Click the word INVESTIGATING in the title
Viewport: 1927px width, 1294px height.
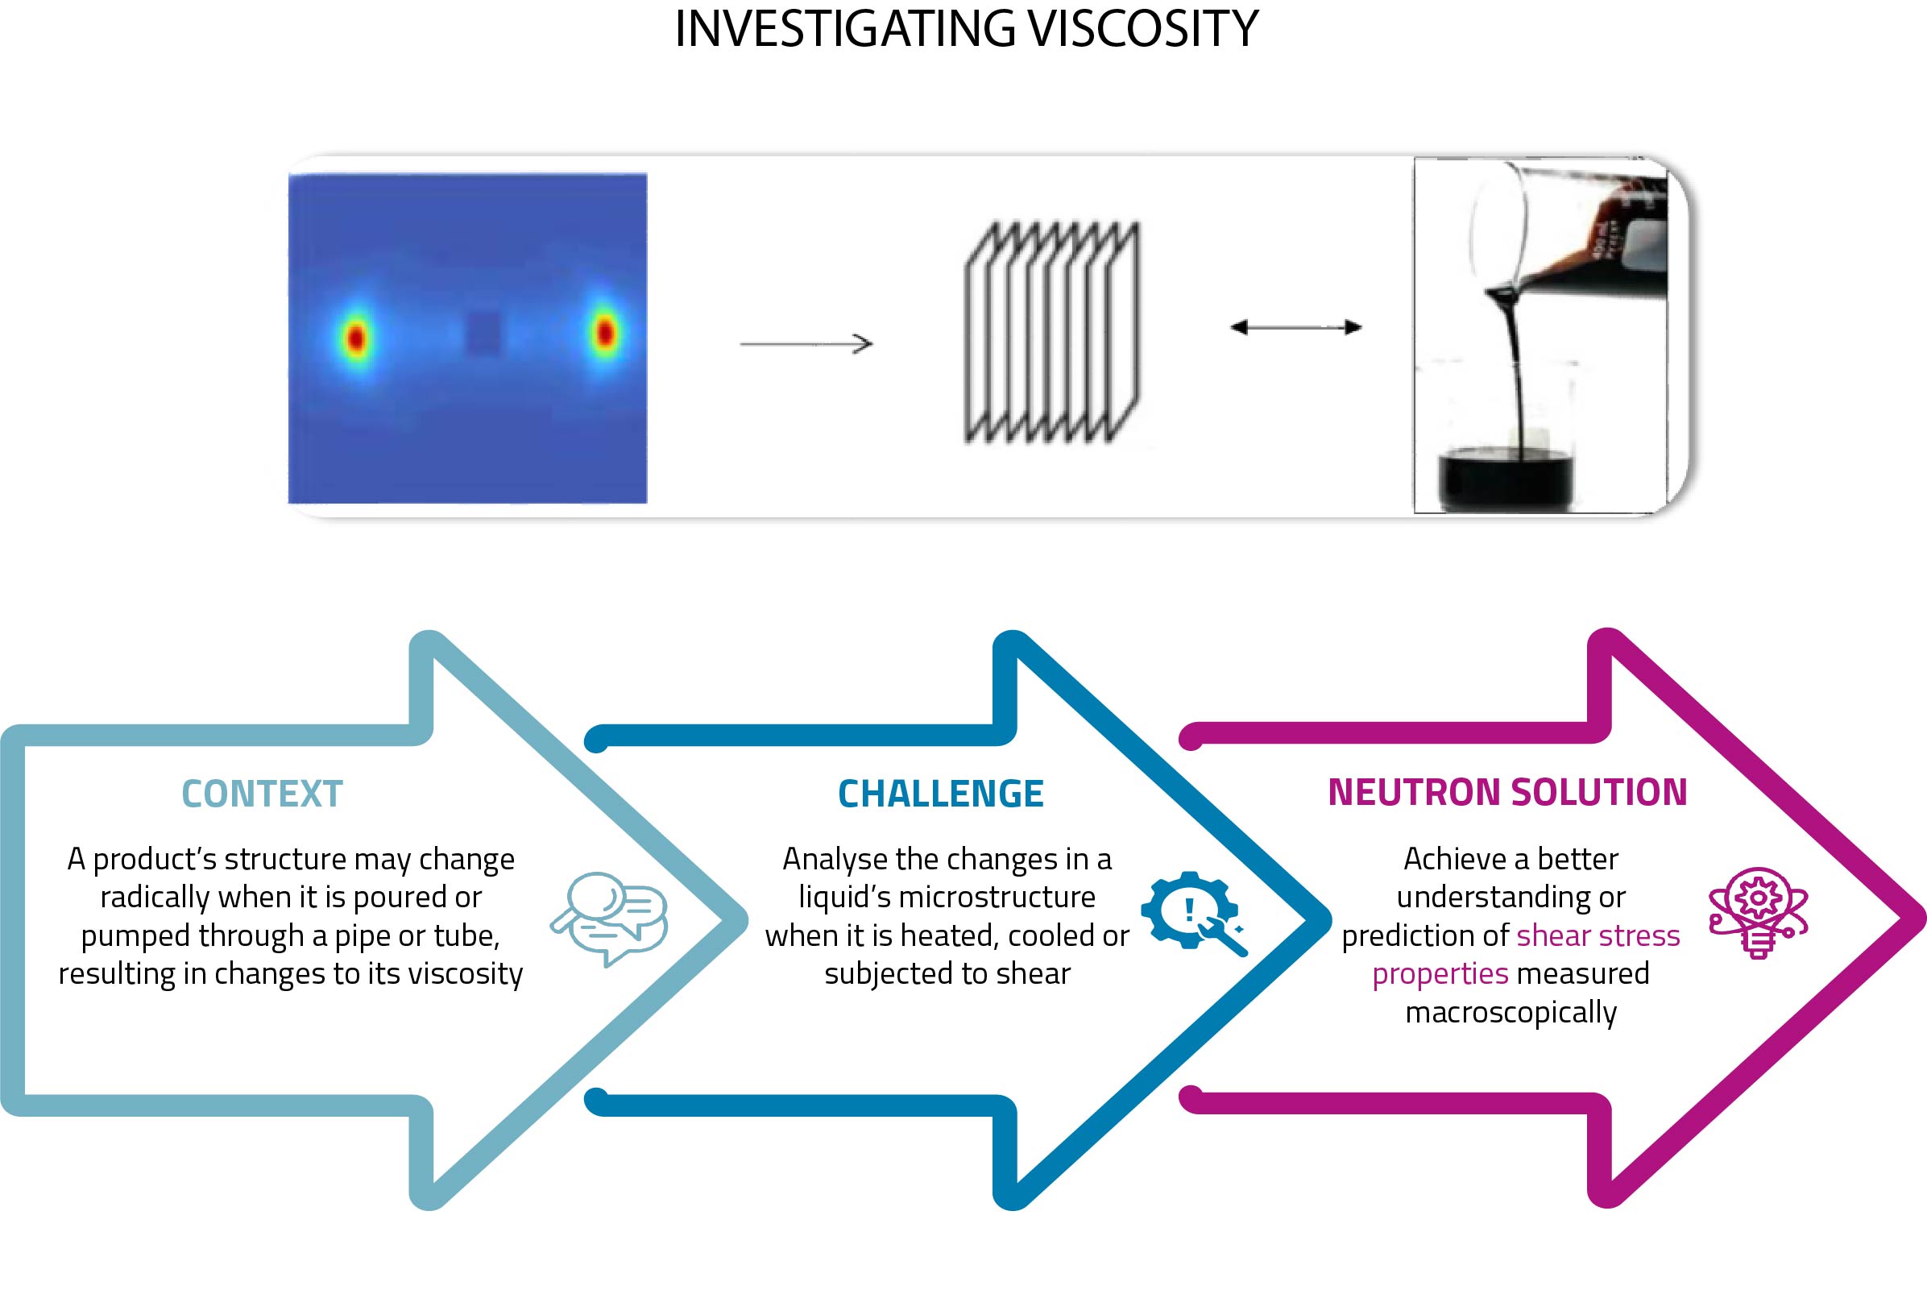point(845,30)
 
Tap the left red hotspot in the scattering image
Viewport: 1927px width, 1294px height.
point(355,338)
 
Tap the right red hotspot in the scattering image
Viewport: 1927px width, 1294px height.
point(606,333)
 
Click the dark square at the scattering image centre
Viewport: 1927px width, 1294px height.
point(483,333)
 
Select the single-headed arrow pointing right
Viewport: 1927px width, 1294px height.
point(806,343)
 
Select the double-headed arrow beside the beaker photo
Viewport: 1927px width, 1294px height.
point(1295,328)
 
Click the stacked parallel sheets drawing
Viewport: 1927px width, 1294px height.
point(1052,333)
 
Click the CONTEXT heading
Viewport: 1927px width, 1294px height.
point(262,794)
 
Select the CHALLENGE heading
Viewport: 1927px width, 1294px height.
point(940,794)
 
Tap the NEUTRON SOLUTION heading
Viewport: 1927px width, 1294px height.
point(1507,792)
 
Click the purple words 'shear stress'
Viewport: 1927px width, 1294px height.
point(1598,935)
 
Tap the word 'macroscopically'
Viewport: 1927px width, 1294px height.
point(1511,1012)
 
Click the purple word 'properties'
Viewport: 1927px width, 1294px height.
point(1440,974)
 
